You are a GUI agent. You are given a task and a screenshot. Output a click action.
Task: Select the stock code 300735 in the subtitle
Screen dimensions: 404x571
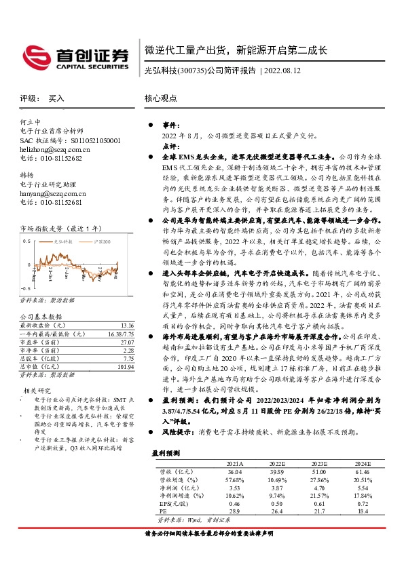click(191, 71)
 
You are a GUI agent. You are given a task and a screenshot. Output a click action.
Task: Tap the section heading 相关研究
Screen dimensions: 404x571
click(37, 391)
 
